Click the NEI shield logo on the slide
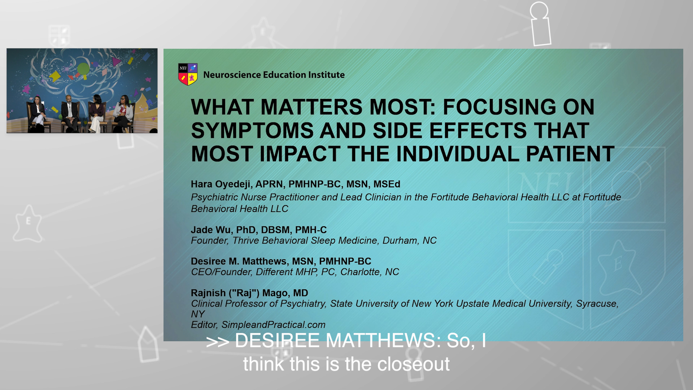188,74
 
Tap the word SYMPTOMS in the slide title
252,130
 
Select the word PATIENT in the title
570,154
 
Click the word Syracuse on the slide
597,304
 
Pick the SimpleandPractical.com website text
273,325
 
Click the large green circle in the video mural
83,69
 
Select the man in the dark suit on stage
70,113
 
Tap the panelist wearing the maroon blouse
96,113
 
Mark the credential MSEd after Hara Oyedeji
387,184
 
